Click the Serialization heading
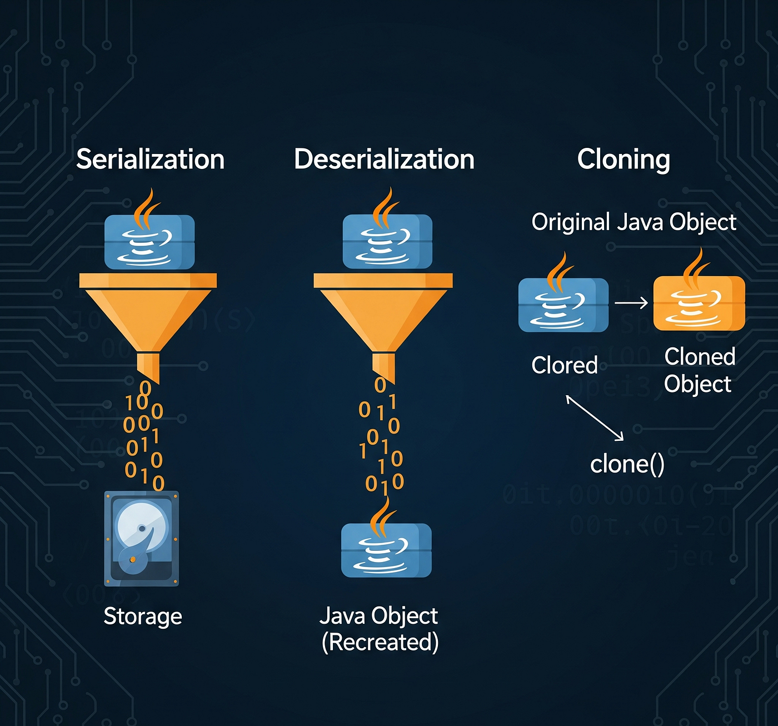[150, 160]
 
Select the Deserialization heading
[384, 160]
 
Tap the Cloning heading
[624, 160]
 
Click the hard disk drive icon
[142, 538]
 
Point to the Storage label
[143, 616]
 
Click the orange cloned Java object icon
[699, 303]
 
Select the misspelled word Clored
[564, 365]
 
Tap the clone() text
[627, 464]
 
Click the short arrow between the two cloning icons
[631, 303]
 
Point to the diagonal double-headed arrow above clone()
[595, 418]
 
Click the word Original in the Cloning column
[571, 222]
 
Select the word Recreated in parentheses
[380, 643]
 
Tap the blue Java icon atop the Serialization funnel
[149, 242]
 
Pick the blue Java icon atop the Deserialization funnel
[387, 242]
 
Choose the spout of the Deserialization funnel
[383, 366]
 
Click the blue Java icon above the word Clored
[563, 305]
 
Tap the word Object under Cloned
[697, 384]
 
